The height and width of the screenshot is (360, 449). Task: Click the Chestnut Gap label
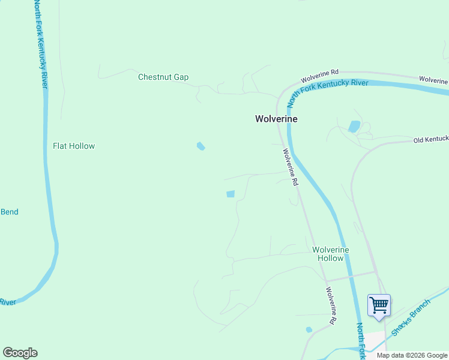(163, 77)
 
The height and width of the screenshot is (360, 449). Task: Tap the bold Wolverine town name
(276, 119)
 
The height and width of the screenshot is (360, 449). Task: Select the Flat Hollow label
(74, 146)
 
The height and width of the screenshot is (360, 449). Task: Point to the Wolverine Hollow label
(331, 254)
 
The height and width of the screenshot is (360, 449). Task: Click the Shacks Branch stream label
(411, 316)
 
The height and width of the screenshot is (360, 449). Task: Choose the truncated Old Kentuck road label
(430, 139)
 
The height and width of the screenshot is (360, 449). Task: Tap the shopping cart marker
(379, 306)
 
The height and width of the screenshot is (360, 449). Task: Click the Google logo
(20, 353)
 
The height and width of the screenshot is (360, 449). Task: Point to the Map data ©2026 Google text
(412, 355)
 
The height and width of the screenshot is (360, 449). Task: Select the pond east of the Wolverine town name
(354, 126)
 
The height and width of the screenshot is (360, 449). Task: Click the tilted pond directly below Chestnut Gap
(201, 146)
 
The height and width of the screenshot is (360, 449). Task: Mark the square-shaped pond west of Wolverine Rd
(231, 194)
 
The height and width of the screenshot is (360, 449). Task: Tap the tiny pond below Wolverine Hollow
(309, 329)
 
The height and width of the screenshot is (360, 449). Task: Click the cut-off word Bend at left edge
(9, 212)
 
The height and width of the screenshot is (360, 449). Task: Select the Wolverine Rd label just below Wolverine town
(291, 167)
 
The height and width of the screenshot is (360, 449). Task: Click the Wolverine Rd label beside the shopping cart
(331, 306)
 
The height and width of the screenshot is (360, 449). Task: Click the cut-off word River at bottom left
(8, 302)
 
